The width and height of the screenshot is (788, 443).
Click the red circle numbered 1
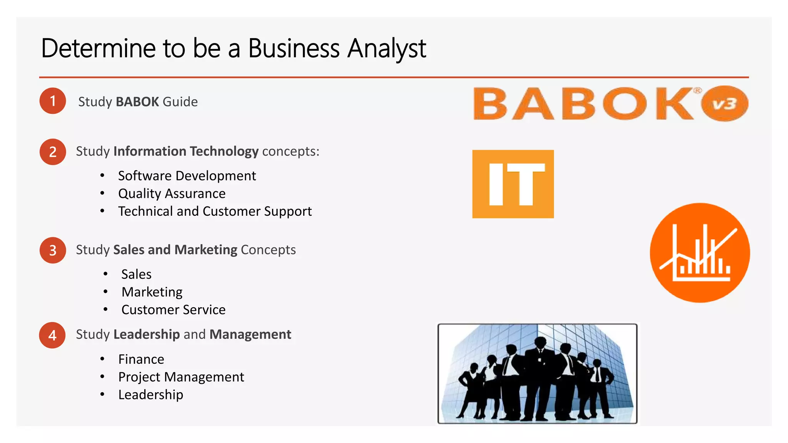pos(53,101)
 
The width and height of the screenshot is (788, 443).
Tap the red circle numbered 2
pos(53,152)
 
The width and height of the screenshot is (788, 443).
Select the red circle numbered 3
pos(53,250)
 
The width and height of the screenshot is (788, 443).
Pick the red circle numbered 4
pos(52,335)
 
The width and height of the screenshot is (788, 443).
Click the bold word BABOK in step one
pos(137,102)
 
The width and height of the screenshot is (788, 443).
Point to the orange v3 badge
pos(725,104)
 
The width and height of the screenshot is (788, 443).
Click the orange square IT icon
pos(513,184)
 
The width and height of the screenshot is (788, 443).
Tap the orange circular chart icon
pos(700,253)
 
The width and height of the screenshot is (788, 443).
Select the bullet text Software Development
pos(187,176)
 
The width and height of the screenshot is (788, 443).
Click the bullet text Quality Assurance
pos(172,193)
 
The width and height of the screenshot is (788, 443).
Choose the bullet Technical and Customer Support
pos(215,211)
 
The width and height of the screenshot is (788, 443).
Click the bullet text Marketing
pos(152,292)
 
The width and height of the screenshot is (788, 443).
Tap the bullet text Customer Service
pos(174,310)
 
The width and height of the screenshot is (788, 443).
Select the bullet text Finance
pos(141,359)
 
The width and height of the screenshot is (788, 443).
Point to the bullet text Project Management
pos(181,377)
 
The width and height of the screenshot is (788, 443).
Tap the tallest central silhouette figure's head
pos(540,342)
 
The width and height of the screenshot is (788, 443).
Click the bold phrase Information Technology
pos(186,151)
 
